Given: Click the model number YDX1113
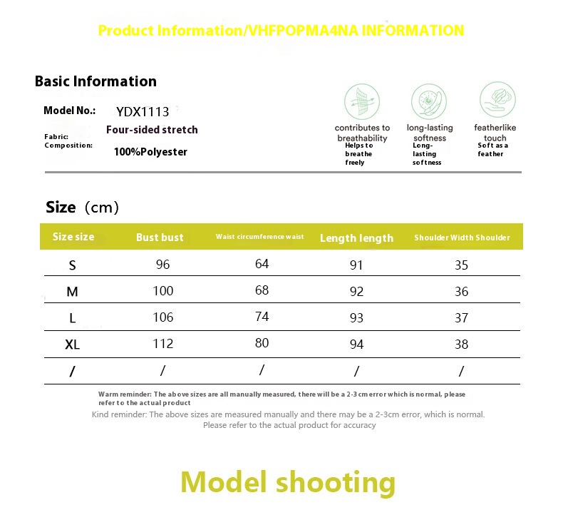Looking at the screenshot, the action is [143, 112].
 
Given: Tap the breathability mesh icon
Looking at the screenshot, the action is [362, 101].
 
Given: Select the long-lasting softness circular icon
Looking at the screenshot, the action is [429, 101].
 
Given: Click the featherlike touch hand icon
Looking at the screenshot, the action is [497, 100].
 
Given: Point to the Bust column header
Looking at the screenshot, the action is [160, 238].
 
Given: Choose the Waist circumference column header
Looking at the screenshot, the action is [259, 237].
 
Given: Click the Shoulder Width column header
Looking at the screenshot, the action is [462, 238].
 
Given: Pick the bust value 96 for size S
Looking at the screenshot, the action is [162, 265].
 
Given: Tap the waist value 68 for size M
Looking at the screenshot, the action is [262, 290].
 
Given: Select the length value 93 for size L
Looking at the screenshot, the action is [356, 317].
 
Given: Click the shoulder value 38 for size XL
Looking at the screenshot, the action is [461, 345].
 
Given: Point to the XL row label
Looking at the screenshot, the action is [72, 345].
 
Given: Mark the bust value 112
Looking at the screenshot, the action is [163, 344].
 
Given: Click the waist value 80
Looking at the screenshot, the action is [262, 343].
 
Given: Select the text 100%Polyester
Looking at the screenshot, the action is [150, 152].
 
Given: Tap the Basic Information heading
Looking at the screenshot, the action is [95, 81].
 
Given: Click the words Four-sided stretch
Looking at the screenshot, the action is [152, 129].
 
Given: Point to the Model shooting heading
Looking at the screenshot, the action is [288, 482].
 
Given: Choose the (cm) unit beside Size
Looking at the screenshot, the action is [102, 208].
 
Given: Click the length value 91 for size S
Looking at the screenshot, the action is [356, 265].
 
